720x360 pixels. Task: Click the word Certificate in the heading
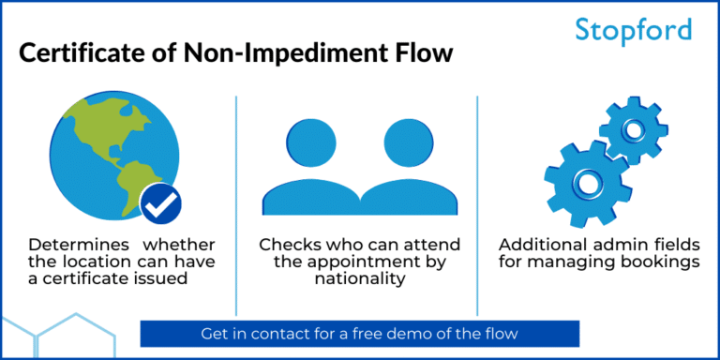(x=84, y=52)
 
